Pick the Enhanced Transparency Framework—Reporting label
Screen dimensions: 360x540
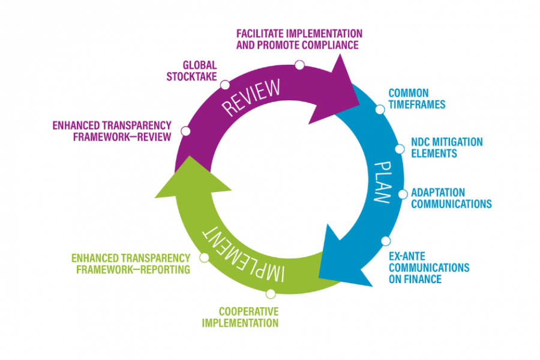coord(131,264)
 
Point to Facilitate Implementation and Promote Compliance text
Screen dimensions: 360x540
coord(299,38)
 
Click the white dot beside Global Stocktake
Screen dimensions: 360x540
coord(225,85)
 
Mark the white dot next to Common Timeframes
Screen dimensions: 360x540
coord(380,109)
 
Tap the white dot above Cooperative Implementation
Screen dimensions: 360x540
coord(271,293)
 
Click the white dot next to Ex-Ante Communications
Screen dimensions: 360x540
coord(385,241)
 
